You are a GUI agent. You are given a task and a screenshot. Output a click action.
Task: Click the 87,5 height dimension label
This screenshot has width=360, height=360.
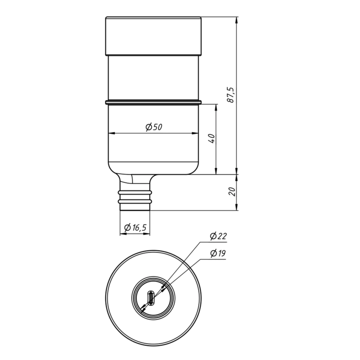click(x=230, y=95)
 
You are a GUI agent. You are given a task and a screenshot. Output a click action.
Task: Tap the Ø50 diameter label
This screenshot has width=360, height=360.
click(x=154, y=127)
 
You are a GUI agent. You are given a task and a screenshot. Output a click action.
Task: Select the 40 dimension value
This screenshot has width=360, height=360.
click(x=212, y=138)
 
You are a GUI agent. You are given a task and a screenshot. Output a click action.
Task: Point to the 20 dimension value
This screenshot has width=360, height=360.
click(x=232, y=192)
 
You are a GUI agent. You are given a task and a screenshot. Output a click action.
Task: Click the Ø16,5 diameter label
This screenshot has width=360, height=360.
click(x=135, y=227)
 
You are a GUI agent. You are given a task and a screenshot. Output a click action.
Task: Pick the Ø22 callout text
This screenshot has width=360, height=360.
click(x=218, y=236)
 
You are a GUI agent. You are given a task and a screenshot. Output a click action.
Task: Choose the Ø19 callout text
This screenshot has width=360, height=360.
click(x=218, y=253)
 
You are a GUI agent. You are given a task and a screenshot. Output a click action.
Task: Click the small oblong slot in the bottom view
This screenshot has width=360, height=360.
click(x=150, y=298)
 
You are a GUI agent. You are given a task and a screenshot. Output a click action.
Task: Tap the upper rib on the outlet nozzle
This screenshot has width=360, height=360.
click(x=135, y=192)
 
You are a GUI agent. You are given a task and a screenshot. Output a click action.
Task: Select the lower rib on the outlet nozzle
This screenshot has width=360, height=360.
click(x=135, y=202)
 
